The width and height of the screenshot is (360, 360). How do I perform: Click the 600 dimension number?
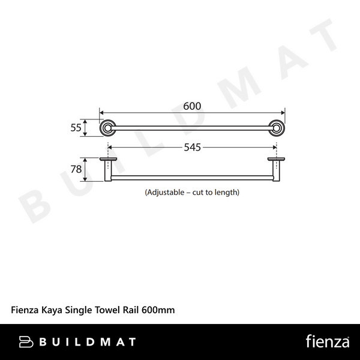point(191,106)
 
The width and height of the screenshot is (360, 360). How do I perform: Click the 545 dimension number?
point(191,146)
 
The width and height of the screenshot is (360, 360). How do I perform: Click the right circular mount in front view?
point(277,127)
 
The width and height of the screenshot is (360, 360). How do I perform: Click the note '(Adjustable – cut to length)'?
point(192,193)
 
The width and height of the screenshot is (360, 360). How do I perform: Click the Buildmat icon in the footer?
point(26,342)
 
